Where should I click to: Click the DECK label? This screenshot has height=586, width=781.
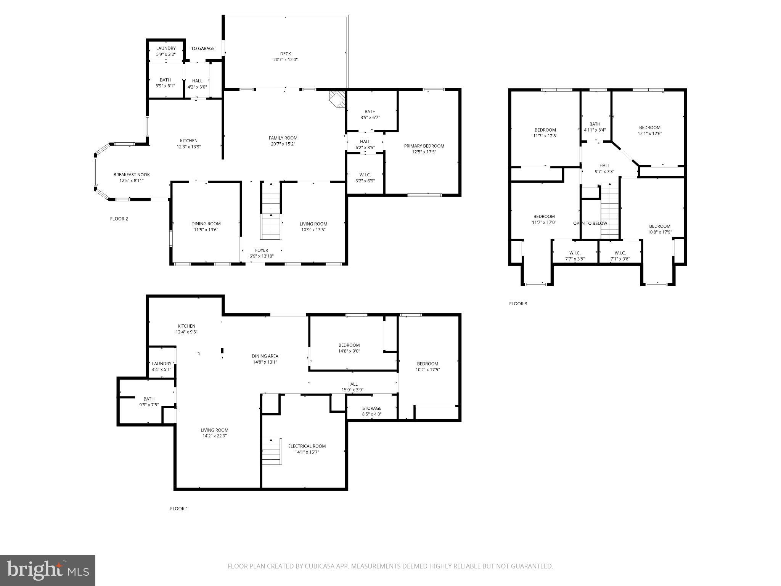point(285,54)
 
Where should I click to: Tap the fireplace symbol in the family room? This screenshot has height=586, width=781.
point(337,98)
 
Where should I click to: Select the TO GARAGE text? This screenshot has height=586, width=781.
point(202,48)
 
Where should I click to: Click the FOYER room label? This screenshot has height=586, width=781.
point(262,250)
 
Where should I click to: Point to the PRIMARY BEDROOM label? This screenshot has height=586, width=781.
point(424,146)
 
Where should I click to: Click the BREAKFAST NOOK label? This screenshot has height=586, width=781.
point(132,175)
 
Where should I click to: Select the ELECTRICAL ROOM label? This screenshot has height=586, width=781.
point(307,446)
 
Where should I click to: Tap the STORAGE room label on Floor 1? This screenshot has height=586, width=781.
point(371,408)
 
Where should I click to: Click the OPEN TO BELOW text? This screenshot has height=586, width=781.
point(590,223)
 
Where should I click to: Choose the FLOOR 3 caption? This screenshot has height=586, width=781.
point(518,304)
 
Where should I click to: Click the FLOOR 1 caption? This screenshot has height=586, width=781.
point(179,509)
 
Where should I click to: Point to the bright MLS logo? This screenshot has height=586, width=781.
point(48,570)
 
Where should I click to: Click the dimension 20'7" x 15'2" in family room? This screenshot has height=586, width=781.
point(283,144)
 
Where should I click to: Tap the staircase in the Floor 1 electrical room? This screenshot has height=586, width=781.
point(272,452)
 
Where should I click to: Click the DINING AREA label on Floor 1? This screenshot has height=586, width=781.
point(265,356)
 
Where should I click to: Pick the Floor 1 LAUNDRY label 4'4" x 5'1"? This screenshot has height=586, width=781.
point(162,364)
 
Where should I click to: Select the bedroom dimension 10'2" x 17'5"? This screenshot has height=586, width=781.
point(427,370)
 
